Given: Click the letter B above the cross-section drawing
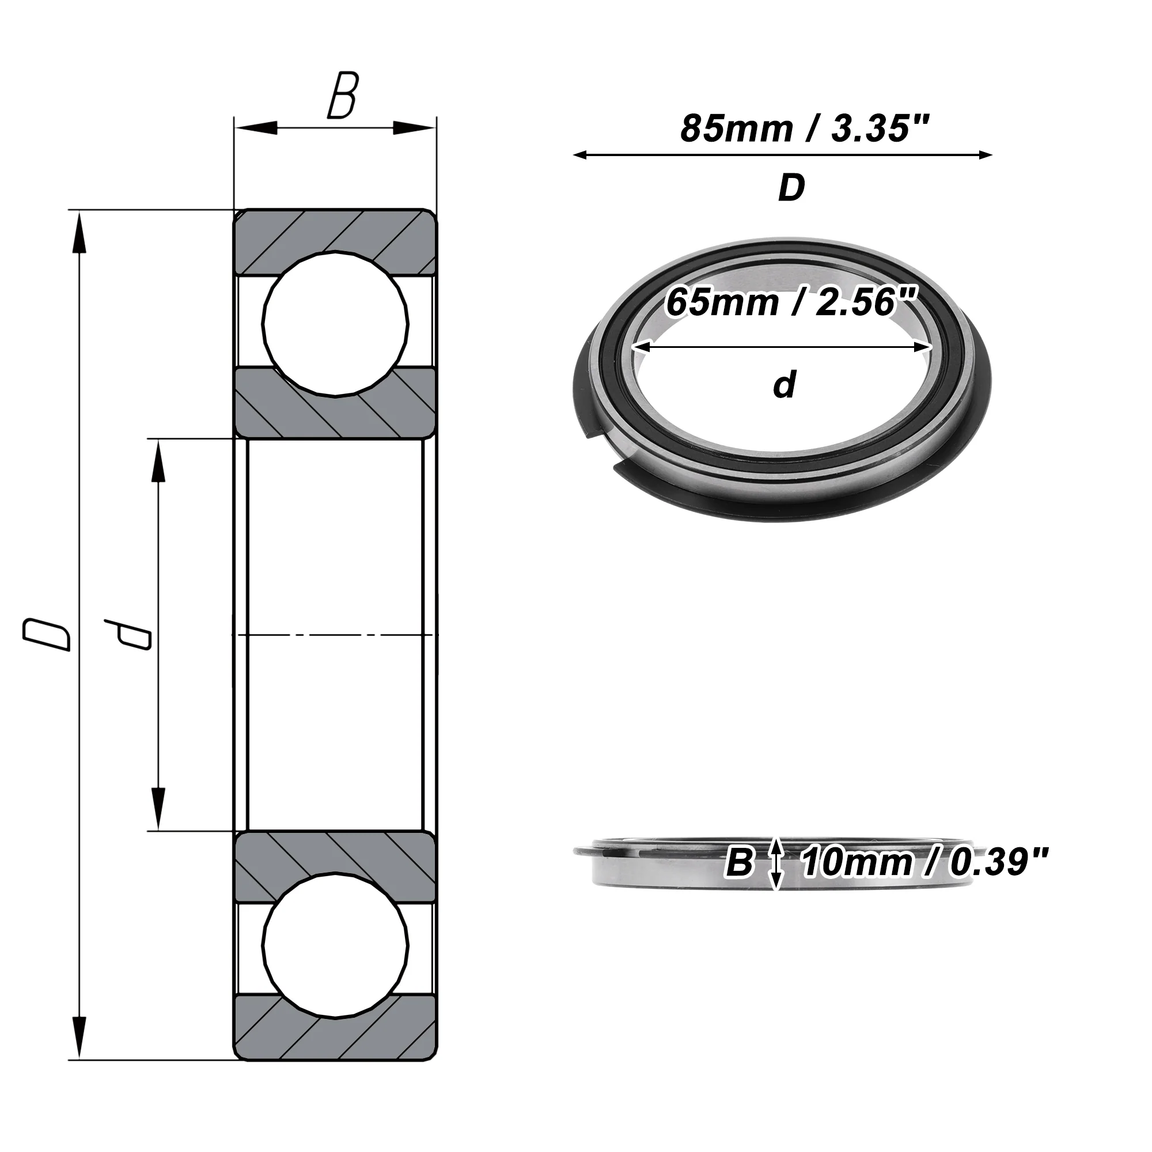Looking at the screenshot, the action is [x=343, y=96].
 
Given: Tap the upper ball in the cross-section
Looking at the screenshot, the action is [x=336, y=324].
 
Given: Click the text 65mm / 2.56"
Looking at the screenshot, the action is [x=791, y=302].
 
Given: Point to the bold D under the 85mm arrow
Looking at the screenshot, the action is [x=791, y=188].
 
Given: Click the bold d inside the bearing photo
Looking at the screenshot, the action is [x=785, y=385].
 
